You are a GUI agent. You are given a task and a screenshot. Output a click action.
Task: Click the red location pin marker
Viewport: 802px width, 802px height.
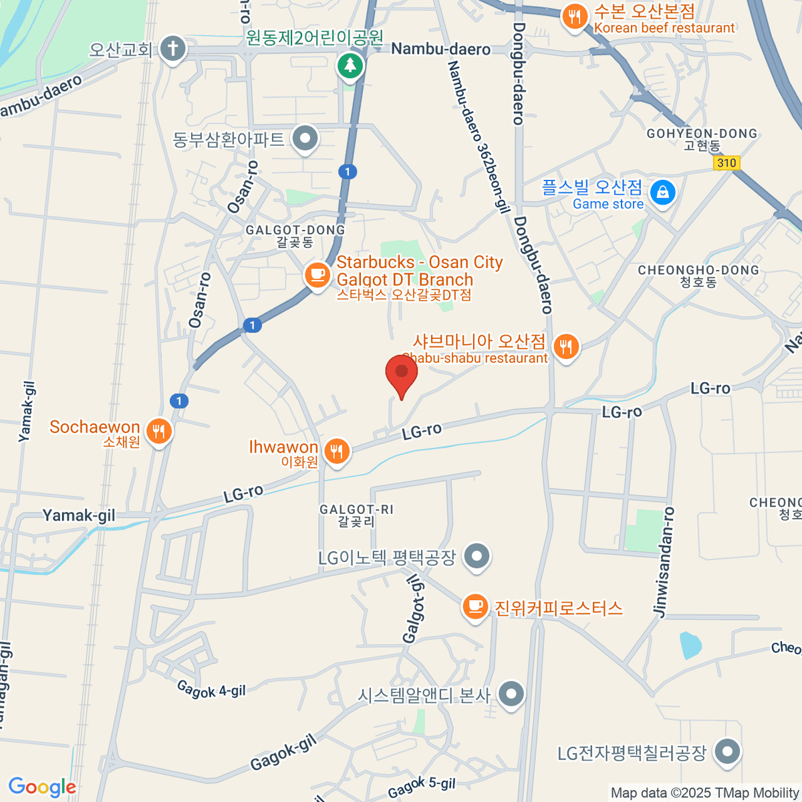(x=402, y=372)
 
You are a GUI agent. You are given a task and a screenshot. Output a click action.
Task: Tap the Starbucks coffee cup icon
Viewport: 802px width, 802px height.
(x=317, y=275)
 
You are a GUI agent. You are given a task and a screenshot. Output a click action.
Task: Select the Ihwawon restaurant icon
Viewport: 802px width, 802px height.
(x=337, y=451)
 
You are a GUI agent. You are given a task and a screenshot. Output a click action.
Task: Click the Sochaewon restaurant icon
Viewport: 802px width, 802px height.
(x=158, y=431)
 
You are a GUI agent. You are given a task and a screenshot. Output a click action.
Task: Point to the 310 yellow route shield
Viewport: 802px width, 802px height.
(x=726, y=162)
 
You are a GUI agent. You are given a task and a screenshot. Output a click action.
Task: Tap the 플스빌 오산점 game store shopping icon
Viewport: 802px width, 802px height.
(x=662, y=192)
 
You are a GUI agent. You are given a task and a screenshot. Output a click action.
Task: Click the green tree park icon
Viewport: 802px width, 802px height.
(x=350, y=65)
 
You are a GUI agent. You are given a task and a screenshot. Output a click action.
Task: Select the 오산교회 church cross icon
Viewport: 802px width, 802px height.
(x=173, y=48)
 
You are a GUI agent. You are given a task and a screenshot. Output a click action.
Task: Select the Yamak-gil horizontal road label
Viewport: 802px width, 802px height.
(x=79, y=515)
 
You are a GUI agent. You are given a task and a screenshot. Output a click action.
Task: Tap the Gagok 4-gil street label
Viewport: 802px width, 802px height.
(x=211, y=689)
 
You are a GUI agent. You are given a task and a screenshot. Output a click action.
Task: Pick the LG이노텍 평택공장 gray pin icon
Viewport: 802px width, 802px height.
(x=477, y=555)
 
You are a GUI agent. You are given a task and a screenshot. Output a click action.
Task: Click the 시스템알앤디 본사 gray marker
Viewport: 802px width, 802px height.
(x=511, y=694)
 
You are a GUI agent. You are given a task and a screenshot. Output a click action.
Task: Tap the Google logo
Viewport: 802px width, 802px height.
(x=42, y=787)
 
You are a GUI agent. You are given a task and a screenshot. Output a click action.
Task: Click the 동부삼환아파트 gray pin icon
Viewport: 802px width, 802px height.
(x=306, y=139)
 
